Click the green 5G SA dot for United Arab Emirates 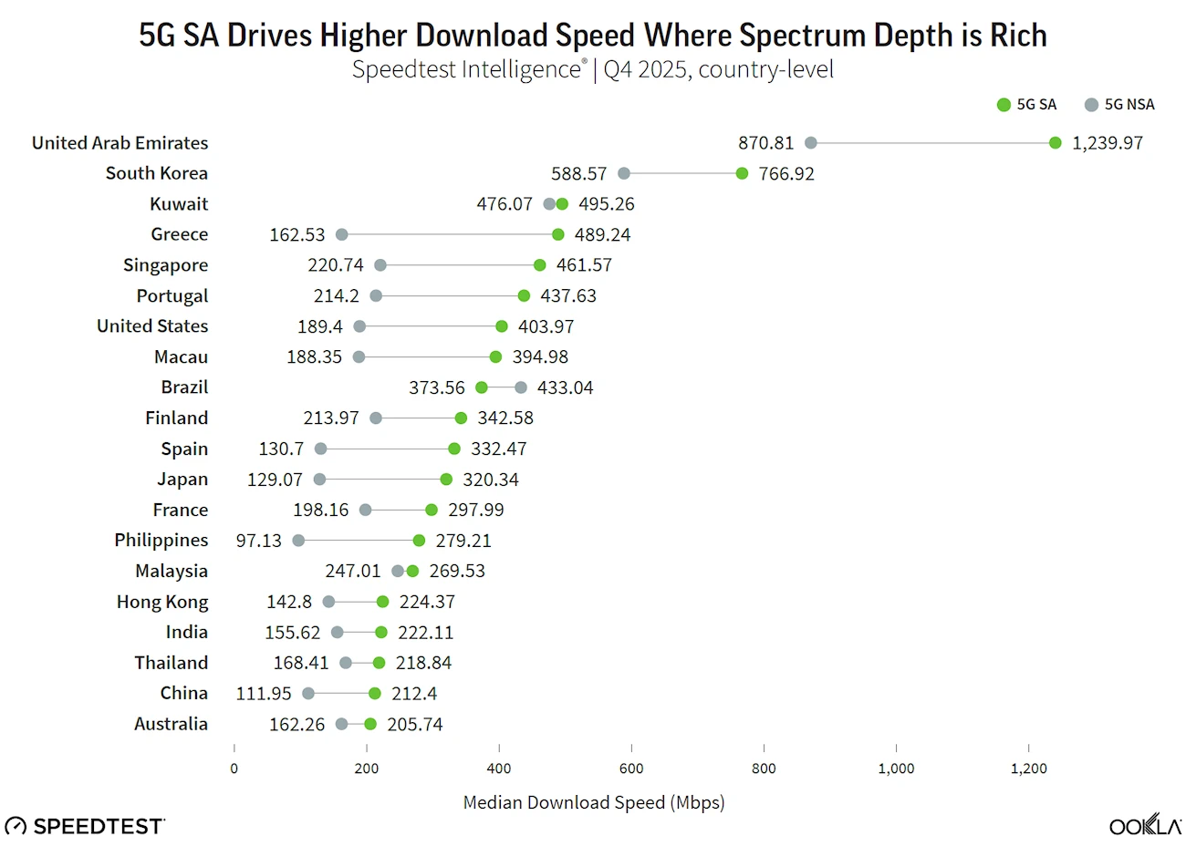click(x=1055, y=142)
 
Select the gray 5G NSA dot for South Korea click(x=624, y=173)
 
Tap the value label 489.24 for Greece click(x=602, y=234)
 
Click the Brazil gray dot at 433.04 click(x=521, y=387)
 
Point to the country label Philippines click(x=161, y=540)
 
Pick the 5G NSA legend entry click(x=1119, y=105)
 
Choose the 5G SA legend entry click(x=1027, y=105)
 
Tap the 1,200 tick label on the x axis click(x=1028, y=769)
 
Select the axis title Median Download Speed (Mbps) click(x=594, y=802)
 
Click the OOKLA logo click(x=1145, y=825)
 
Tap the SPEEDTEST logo click(x=86, y=826)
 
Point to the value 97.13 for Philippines click(x=259, y=541)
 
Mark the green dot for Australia click(x=370, y=724)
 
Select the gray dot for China click(x=308, y=694)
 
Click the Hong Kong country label click(x=162, y=602)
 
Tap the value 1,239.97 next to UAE click(x=1107, y=143)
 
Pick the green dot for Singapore click(x=540, y=265)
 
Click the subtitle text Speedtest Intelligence click(x=466, y=69)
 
